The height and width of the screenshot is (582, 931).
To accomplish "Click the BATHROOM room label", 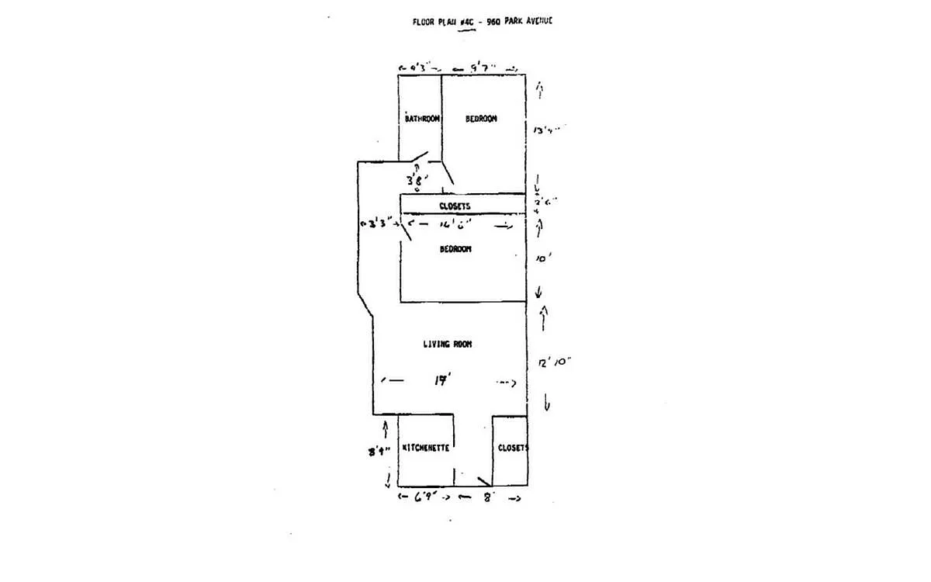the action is click(423, 119).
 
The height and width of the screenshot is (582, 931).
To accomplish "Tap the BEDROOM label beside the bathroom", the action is click(481, 119).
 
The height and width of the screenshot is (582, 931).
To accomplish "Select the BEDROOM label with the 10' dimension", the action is click(455, 249).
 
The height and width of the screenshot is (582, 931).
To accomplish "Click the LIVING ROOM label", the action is click(448, 344).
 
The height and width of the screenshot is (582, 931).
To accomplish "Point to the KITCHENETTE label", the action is click(426, 448).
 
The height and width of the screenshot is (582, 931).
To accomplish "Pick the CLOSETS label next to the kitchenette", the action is click(513, 448).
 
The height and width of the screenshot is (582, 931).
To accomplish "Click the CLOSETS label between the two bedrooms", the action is click(455, 206).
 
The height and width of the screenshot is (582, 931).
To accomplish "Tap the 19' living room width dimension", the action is click(443, 381).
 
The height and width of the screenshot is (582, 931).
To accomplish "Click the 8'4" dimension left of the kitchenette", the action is click(379, 451).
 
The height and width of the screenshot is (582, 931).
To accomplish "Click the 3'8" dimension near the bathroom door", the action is click(415, 181).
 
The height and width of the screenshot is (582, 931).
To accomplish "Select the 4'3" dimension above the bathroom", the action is click(419, 68).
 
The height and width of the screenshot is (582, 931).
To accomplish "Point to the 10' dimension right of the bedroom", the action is click(543, 260).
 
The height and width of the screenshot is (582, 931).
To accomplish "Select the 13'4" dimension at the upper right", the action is click(545, 130).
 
